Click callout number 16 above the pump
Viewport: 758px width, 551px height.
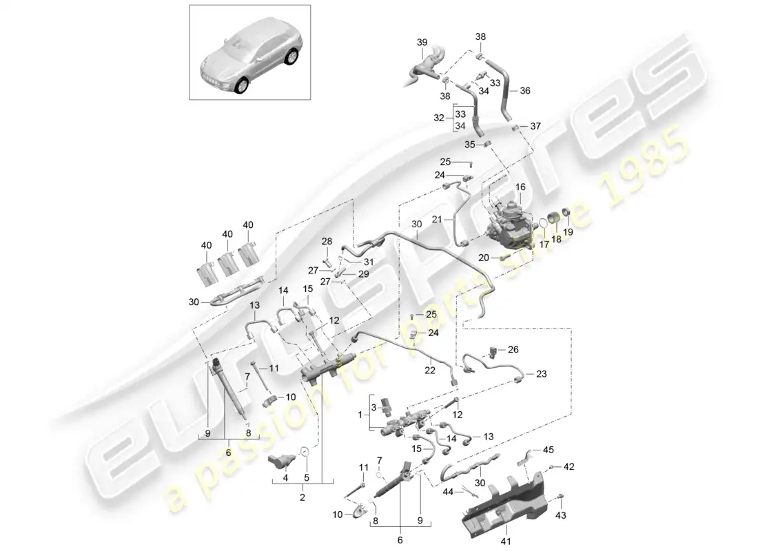[x=520, y=187]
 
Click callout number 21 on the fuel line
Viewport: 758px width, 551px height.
[x=436, y=219]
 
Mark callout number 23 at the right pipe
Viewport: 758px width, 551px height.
[x=541, y=375]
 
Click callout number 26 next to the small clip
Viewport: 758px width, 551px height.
[x=513, y=349]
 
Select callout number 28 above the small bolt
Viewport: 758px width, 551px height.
[x=327, y=241]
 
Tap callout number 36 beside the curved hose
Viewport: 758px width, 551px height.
[x=525, y=90]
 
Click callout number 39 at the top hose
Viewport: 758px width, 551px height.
[x=422, y=42]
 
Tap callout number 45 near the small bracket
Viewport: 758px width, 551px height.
[x=549, y=450]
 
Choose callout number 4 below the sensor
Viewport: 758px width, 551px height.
[x=285, y=478]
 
